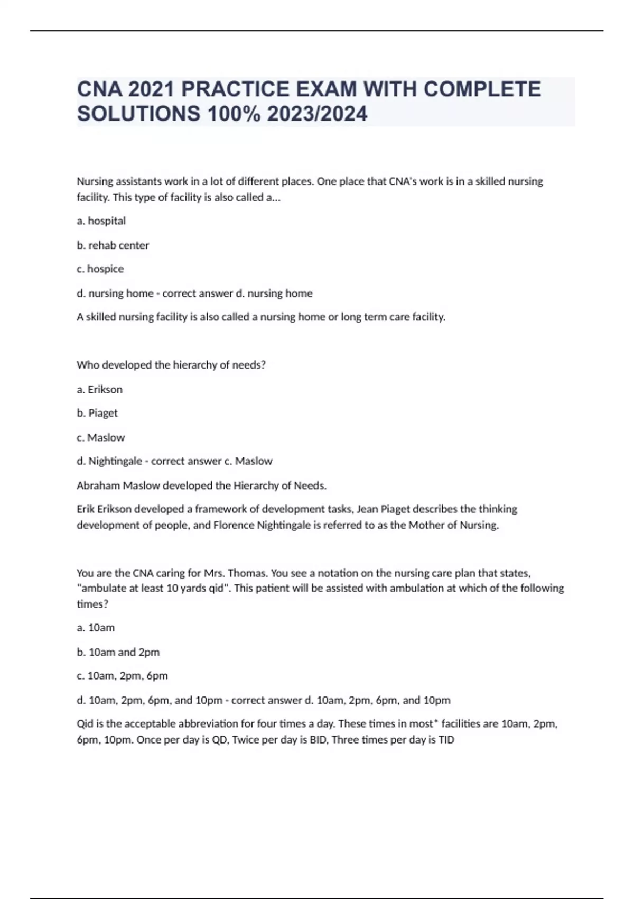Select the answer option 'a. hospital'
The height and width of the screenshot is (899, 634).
(x=101, y=221)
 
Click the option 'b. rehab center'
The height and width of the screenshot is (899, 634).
(x=113, y=245)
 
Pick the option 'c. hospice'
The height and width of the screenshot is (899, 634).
(x=100, y=269)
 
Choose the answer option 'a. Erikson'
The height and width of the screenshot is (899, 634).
(x=100, y=390)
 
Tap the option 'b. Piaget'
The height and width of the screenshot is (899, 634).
(x=97, y=413)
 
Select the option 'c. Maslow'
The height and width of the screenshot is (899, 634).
(x=101, y=438)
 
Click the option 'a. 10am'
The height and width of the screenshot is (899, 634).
(x=96, y=628)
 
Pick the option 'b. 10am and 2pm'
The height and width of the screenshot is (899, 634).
(x=118, y=652)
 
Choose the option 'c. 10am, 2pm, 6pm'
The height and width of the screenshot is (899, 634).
(x=123, y=676)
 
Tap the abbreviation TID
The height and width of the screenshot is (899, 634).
(x=446, y=740)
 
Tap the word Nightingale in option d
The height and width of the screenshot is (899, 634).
(x=115, y=461)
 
